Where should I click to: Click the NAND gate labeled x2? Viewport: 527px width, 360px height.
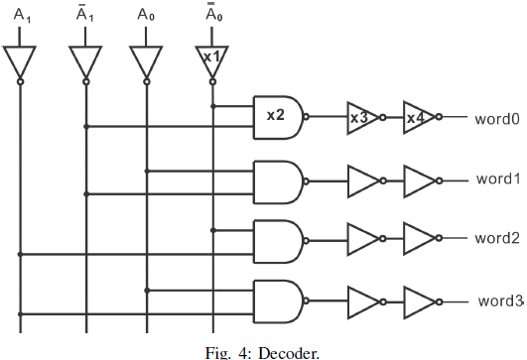[277, 116]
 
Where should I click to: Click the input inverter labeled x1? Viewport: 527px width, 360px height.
[210, 59]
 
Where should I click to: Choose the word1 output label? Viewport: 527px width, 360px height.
[497, 179]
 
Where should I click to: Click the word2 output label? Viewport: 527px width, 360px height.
[497, 238]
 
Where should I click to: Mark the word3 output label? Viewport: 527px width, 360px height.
[499, 300]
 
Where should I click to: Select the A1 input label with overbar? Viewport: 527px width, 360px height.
[85, 15]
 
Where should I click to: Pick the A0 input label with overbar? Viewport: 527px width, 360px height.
[211, 15]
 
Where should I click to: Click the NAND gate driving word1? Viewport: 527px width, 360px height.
[277, 180]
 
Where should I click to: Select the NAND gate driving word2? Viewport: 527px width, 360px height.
[277, 239]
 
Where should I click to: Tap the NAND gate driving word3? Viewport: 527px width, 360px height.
[277, 300]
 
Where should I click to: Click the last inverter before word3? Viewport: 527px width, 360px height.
[418, 300]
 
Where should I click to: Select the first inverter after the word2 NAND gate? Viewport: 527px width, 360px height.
[362, 239]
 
